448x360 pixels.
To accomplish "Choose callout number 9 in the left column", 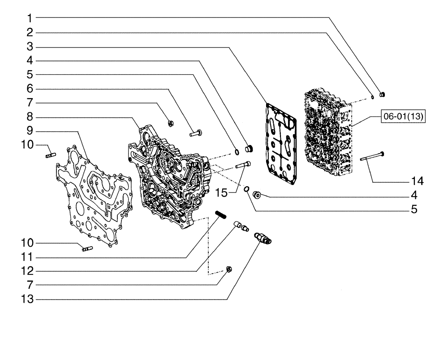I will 29,132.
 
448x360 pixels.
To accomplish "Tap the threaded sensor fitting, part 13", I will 263,238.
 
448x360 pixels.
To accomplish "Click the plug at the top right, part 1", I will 383,94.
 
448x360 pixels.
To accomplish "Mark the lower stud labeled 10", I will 86,249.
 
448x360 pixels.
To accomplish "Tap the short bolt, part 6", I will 196,133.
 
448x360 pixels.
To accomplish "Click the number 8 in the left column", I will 29,118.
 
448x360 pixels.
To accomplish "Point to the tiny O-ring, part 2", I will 372,96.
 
